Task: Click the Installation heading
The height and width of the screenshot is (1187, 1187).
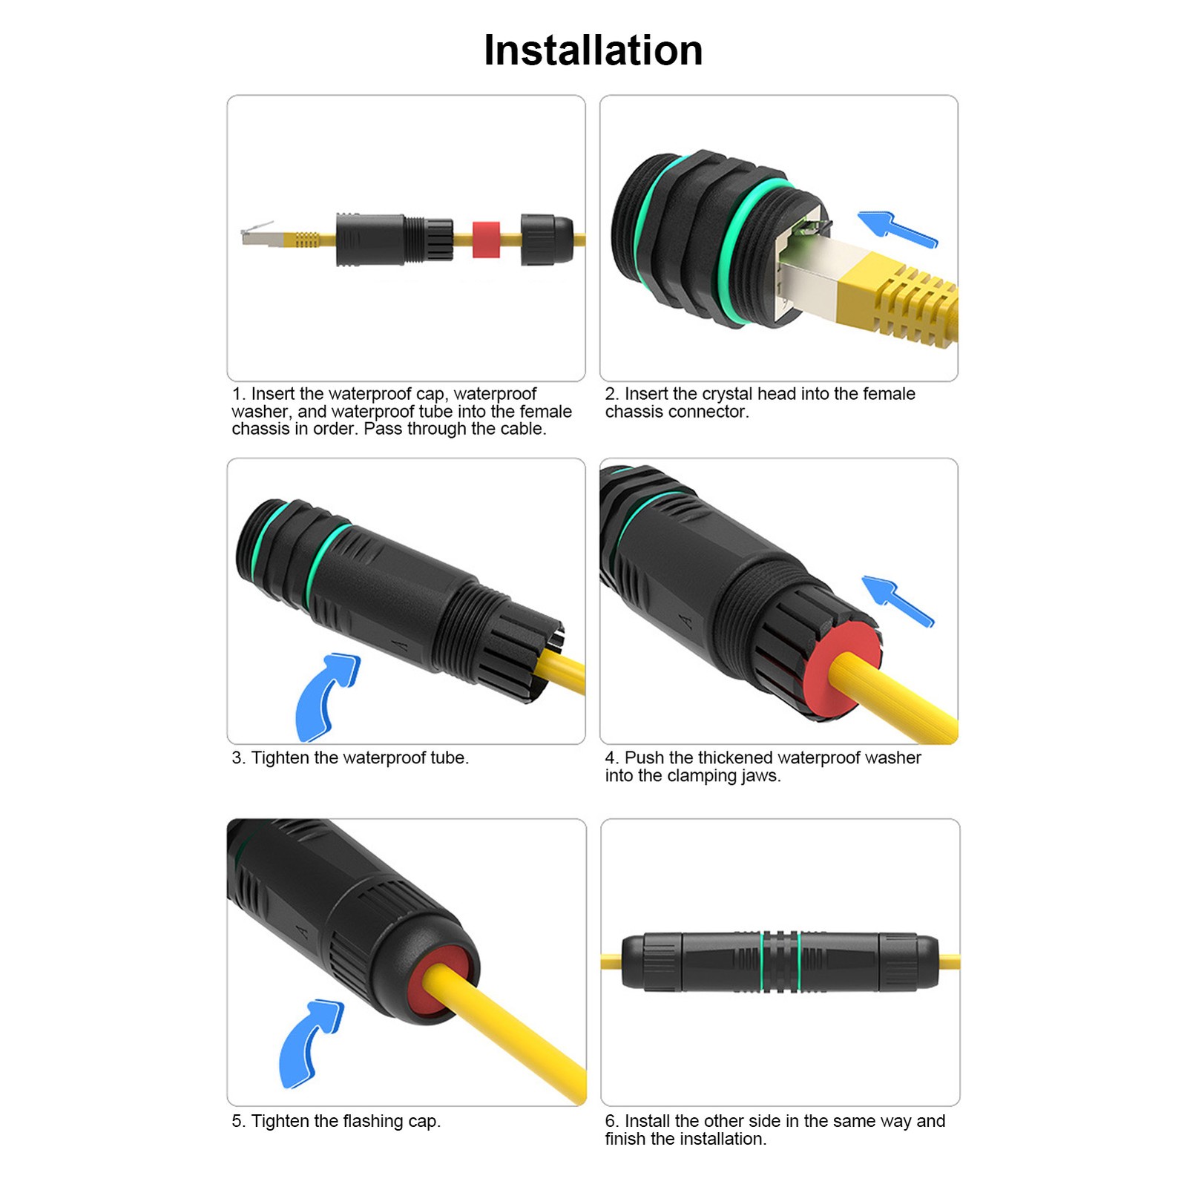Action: (x=593, y=50)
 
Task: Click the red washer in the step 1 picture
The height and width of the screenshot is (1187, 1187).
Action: (x=486, y=239)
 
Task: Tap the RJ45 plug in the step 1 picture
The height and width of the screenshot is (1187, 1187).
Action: (x=261, y=236)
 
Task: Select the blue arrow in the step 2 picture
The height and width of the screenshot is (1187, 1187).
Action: (x=898, y=228)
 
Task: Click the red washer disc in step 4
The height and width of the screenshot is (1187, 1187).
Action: (x=844, y=669)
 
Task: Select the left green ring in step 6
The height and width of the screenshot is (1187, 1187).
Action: (x=762, y=961)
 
